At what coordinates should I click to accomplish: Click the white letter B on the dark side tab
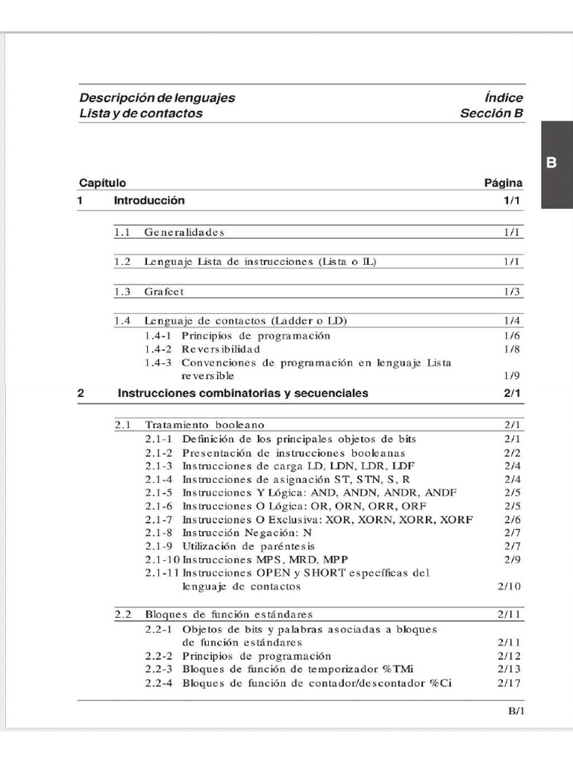pos(551,163)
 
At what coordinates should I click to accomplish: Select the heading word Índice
pos(503,98)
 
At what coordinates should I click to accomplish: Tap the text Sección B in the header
pos(492,113)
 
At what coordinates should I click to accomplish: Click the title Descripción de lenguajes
pos(157,98)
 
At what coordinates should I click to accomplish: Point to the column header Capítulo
pos(102,183)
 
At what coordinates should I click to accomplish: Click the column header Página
pos(504,183)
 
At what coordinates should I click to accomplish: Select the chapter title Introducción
pos(149,201)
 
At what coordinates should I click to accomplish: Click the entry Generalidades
pos(184,232)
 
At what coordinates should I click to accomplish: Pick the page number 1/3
pos(512,291)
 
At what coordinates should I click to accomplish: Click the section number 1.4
pos(122,321)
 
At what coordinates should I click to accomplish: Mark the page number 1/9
pos(512,375)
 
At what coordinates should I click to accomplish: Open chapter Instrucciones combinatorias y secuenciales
pos(242,393)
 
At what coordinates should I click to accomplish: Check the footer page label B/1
pos(517,711)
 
